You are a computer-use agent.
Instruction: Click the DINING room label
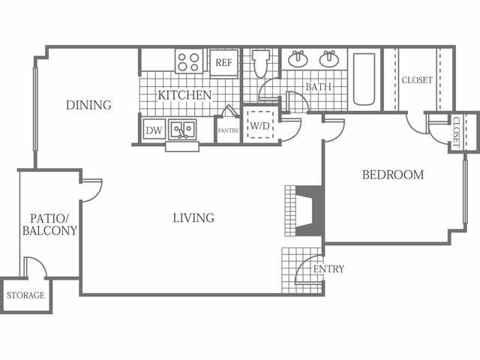coord(88,105)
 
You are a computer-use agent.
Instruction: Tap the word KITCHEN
coord(184,95)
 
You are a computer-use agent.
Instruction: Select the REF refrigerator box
coord(223,63)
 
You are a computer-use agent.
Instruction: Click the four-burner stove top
coord(189,61)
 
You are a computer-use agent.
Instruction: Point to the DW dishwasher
coord(154,130)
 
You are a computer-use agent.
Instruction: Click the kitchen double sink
coord(182,130)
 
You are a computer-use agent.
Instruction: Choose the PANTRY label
coord(228,130)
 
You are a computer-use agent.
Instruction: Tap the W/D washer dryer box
coord(260,125)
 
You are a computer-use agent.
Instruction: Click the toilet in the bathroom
coord(261,64)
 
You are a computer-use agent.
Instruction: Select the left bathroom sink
coord(298,58)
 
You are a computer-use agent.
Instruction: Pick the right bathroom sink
coord(329,58)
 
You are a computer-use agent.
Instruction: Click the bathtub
coord(364,79)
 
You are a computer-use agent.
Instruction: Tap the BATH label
coord(318,87)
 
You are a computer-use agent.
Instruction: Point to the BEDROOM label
coord(393,175)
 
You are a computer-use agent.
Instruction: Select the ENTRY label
coord(328,269)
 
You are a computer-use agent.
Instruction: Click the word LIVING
coord(193,218)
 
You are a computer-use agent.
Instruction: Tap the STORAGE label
coord(25,295)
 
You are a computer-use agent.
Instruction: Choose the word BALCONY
coord(49,230)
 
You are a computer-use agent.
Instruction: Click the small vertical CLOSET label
coord(456,132)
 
